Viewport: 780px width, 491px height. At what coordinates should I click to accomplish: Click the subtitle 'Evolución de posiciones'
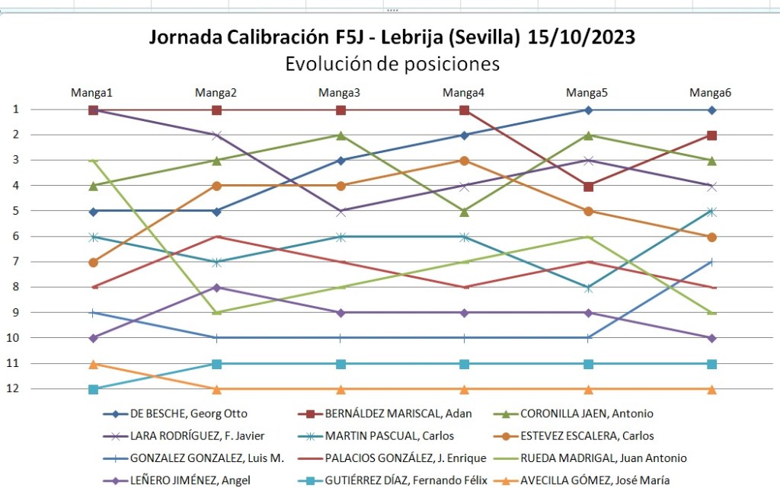(392, 64)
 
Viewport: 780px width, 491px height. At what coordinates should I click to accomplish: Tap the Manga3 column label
(340, 93)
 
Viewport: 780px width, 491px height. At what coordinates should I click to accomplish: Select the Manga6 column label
(710, 93)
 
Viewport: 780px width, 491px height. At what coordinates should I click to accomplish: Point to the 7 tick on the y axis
(15, 262)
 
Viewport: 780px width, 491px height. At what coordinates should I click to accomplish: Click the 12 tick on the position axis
(15, 389)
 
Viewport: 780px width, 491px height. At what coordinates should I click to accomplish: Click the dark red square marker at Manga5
(588, 186)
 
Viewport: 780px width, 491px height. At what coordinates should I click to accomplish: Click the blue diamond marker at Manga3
(340, 160)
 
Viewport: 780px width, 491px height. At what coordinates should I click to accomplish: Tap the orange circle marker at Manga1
(93, 262)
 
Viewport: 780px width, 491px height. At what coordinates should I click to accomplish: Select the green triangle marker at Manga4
(464, 212)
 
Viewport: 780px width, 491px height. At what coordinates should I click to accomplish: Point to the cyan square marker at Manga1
(93, 389)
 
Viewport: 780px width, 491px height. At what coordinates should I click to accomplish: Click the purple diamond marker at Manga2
(216, 287)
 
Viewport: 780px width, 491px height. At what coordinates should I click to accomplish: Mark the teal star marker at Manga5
(588, 288)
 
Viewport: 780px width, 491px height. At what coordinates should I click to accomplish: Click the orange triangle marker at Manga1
(93, 364)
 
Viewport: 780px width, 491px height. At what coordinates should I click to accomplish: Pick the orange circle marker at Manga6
(711, 237)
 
